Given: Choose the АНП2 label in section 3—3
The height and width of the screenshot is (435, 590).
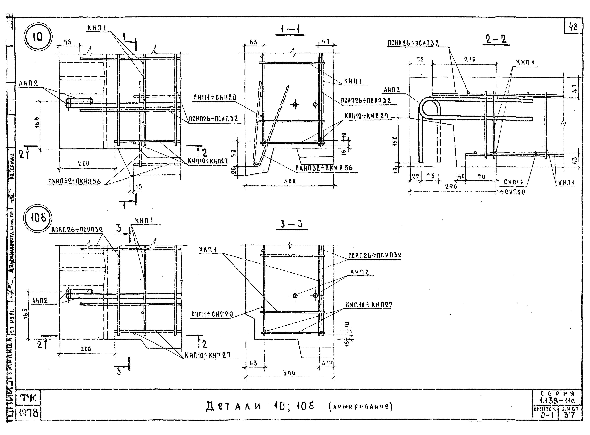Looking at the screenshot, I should (x=360, y=272).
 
